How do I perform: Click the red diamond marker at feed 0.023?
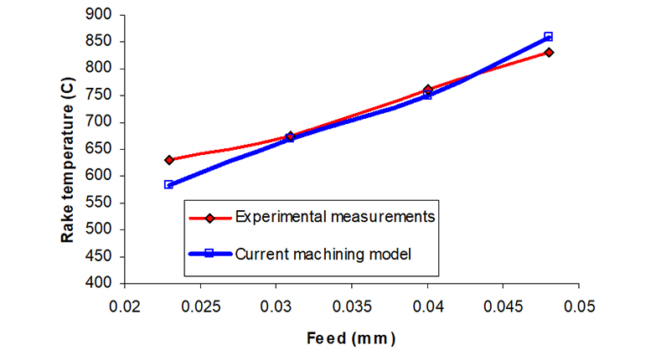point(169,159)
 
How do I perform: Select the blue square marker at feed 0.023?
point(169,184)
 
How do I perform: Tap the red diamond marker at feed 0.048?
point(549,52)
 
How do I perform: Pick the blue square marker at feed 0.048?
point(549,37)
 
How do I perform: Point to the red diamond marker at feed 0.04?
point(427,90)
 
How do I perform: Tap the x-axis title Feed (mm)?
point(350,339)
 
